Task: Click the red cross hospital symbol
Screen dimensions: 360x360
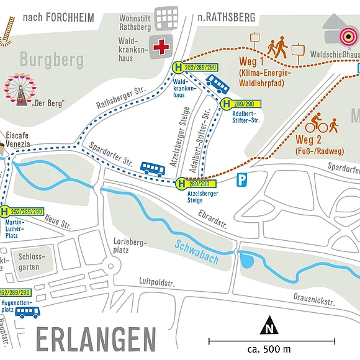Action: [163, 47]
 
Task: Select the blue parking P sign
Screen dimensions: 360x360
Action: [241, 180]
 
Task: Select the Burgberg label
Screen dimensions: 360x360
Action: [52, 60]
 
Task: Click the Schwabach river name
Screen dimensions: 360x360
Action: [197, 251]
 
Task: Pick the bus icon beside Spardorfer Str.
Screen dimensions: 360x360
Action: [152, 169]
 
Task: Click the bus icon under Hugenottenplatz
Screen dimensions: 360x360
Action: [27, 312]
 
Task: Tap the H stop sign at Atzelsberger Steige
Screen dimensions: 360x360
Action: [181, 183]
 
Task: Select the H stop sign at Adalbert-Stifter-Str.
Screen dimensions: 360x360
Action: [224, 104]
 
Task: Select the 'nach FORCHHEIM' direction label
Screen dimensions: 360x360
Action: [58, 17]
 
